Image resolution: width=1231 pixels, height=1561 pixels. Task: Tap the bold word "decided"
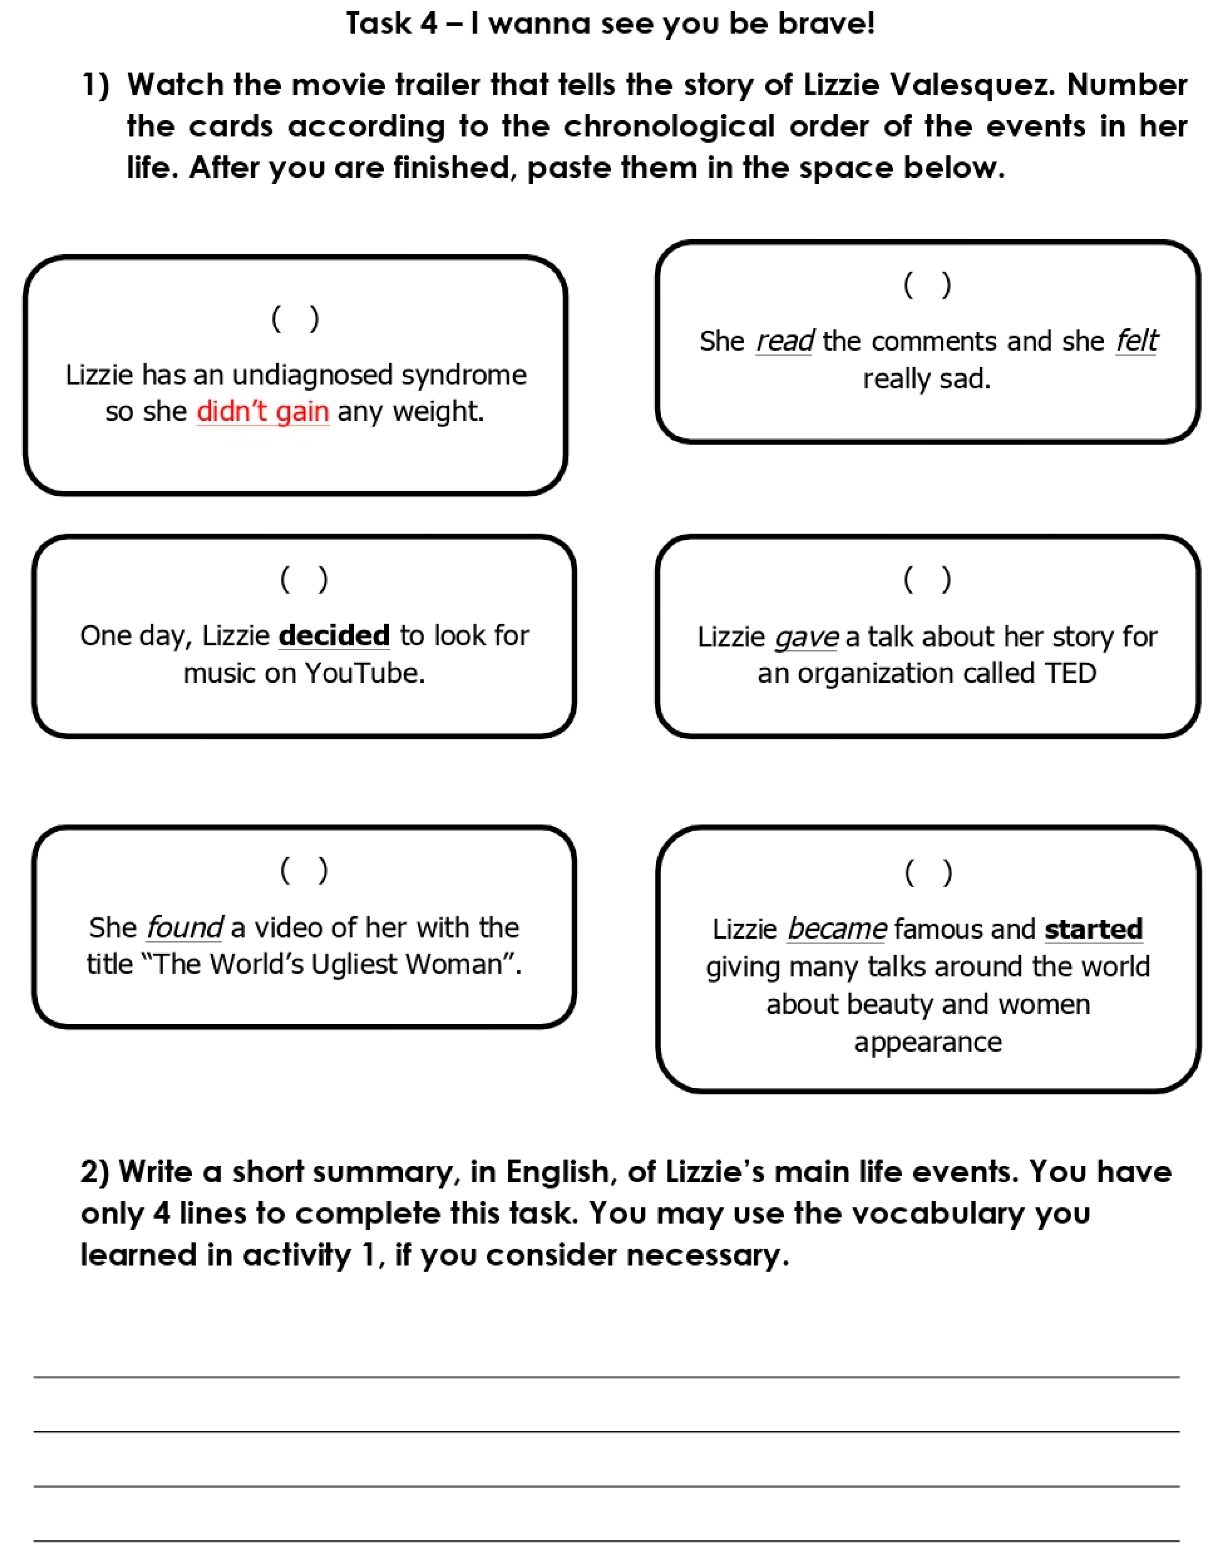[x=334, y=636]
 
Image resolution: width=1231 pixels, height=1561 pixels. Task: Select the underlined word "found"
[x=185, y=928]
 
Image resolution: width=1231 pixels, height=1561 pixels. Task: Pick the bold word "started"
[x=1093, y=929]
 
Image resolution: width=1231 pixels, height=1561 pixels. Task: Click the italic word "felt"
[x=1137, y=341]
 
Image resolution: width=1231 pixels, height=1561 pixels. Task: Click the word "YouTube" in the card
[x=364, y=673]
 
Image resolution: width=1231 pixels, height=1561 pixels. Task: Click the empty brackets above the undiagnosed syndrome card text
[x=295, y=319]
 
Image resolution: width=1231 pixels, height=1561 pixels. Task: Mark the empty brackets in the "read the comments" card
[x=927, y=285]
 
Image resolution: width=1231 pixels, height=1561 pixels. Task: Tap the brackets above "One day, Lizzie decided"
[x=304, y=579]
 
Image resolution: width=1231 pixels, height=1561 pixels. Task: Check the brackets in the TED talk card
[x=927, y=579]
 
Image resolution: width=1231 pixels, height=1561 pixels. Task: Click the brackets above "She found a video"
[x=304, y=870]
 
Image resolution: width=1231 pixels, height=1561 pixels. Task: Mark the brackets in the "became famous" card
[x=928, y=873]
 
